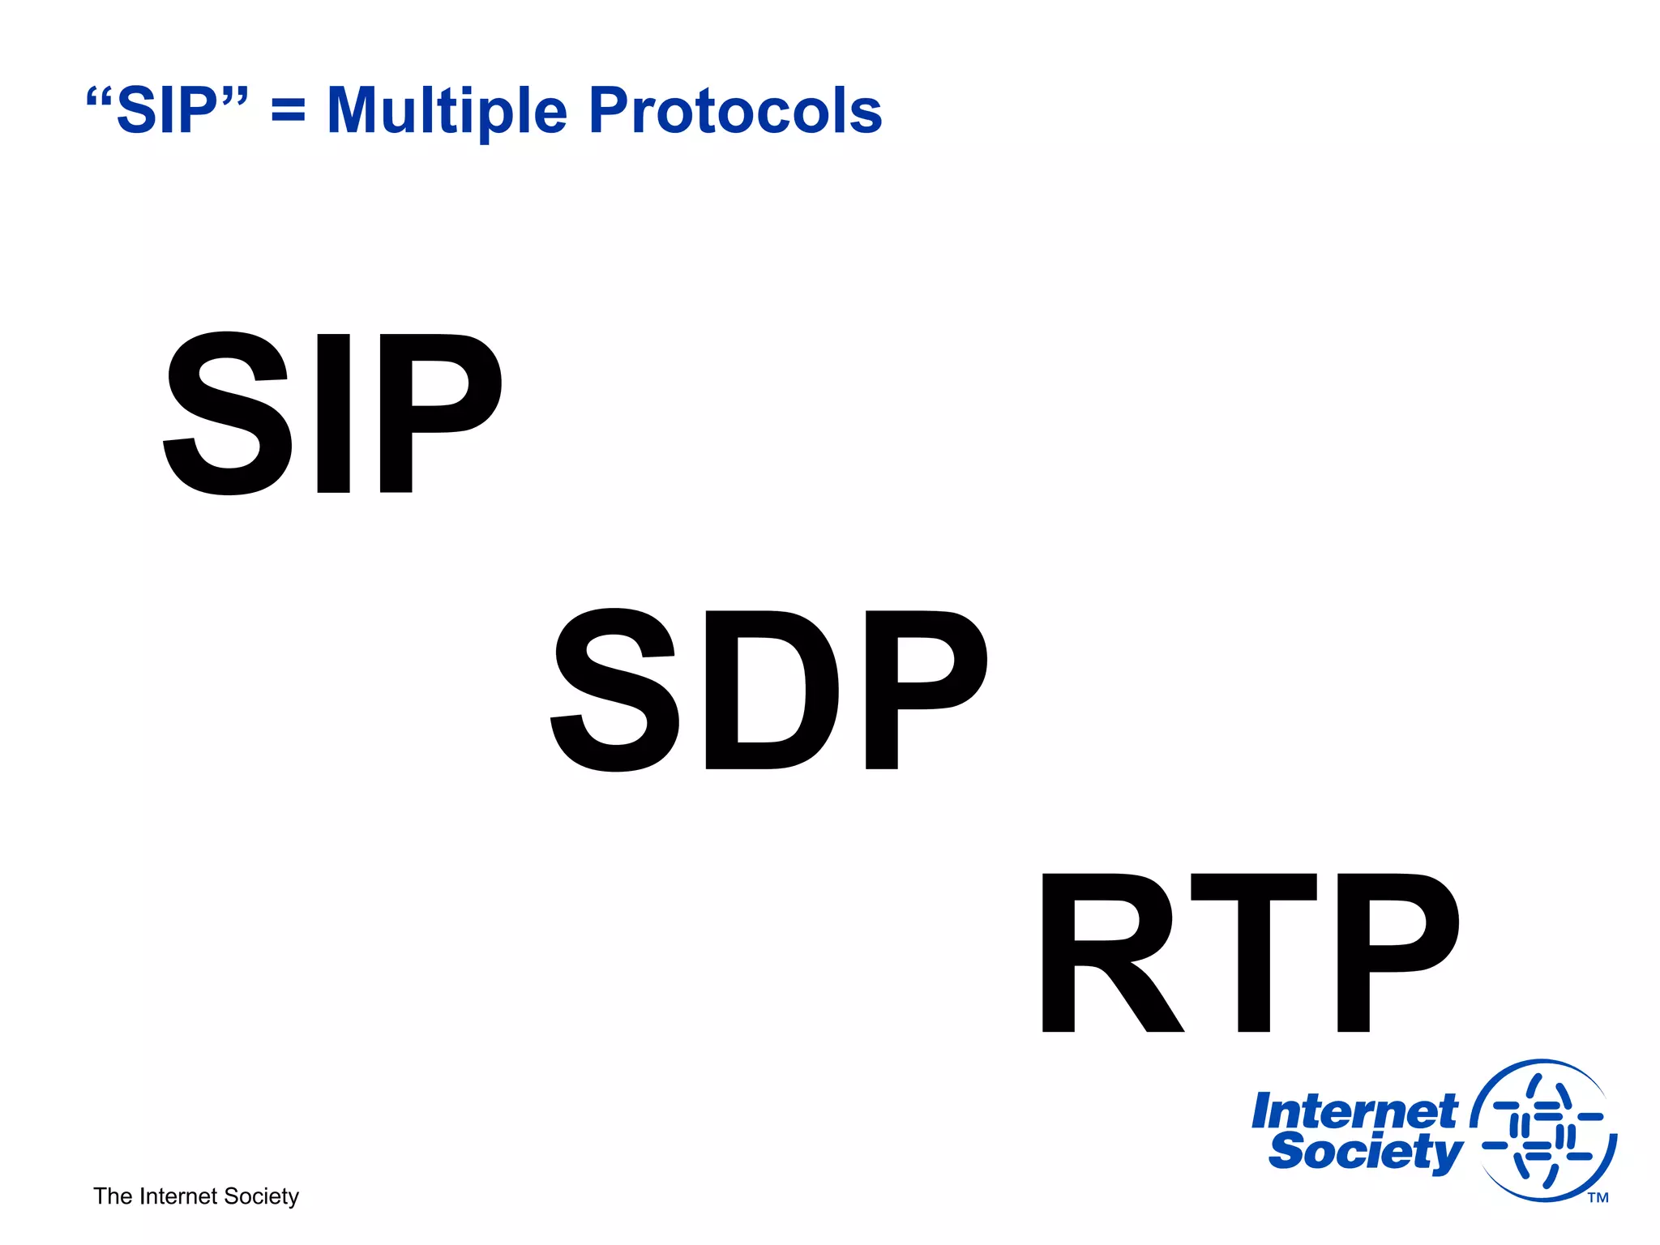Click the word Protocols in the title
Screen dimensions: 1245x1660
tap(735, 111)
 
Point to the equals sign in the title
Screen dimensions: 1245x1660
tap(289, 112)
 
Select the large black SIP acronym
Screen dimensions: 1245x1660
tap(332, 413)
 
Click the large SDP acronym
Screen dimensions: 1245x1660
tap(768, 690)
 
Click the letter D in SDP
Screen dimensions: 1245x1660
tap(771, 690)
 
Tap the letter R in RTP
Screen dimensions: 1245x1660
tap(1109, 953)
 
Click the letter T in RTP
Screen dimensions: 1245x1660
tap(1254, 953)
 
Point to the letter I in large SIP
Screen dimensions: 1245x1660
tap(333, 413)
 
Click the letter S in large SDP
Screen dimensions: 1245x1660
tap(615, 690)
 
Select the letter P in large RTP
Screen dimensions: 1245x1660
tap(1396, 953)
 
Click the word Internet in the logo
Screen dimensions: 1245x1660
tap(1354, 1111)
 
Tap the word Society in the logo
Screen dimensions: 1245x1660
tap(1366, 1152)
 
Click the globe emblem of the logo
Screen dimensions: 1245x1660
tap(1544, 1132)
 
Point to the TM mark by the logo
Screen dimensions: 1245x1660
tap(1598, 1198)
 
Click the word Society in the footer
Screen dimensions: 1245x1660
tap(261, 1196)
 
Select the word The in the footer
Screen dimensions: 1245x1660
tap(113, 1196)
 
